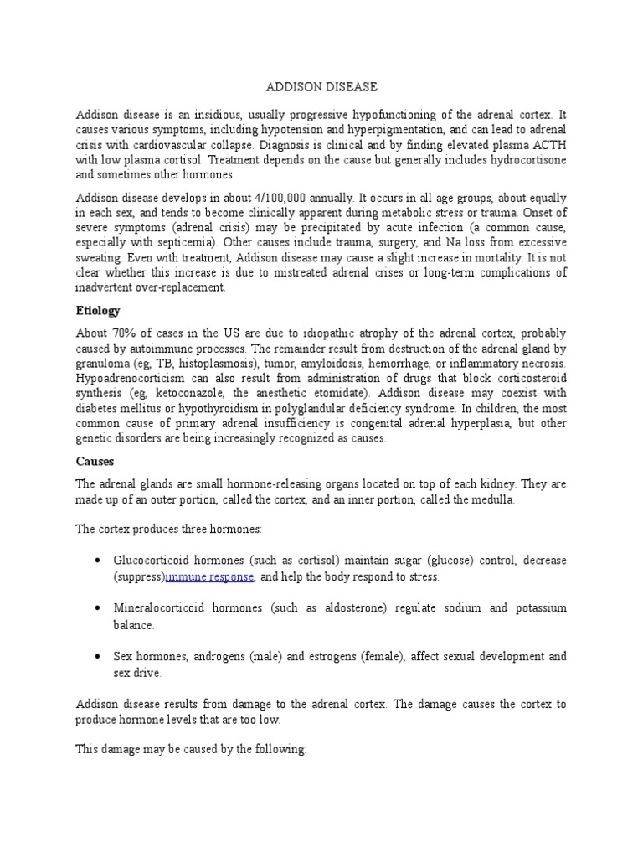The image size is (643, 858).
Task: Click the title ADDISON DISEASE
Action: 321,87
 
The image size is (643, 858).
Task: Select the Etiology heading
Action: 97,311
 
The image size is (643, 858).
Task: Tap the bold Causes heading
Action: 94,462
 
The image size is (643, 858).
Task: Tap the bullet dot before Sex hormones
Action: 98,657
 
